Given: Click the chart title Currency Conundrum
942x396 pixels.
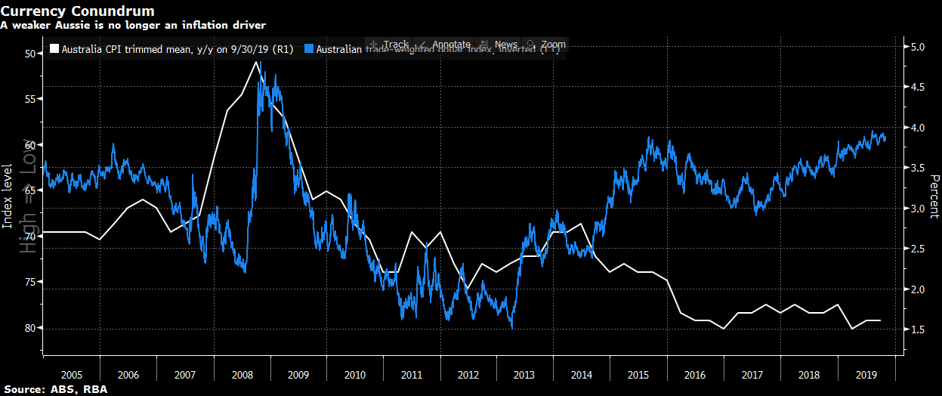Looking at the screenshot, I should point(78,11).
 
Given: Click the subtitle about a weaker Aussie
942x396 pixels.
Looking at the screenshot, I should point(132,25).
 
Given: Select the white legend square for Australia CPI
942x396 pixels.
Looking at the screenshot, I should point(54,50).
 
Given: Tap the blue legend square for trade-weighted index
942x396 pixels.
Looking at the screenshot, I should point(308,50).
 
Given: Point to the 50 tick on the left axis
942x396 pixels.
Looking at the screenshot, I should point(30,54).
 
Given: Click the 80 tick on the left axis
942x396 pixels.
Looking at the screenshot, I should point(30,328).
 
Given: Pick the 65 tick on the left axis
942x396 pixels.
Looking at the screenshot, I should point(30,190).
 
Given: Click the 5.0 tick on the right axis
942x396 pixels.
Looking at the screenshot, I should point(919,47).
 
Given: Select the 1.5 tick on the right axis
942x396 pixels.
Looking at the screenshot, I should point(919,329).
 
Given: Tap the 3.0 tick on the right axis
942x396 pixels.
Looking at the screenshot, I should point(919,209).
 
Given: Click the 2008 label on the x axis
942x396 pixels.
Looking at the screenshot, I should point(242,375).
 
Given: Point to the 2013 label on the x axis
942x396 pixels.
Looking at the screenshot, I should point(526,375).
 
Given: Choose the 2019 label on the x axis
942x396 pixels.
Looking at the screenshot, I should point(866,375).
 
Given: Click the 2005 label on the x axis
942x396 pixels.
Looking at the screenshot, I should point(72,375).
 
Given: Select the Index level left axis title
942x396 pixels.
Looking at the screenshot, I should point(7,194).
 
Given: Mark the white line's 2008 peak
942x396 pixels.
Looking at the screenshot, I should point(257,61).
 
